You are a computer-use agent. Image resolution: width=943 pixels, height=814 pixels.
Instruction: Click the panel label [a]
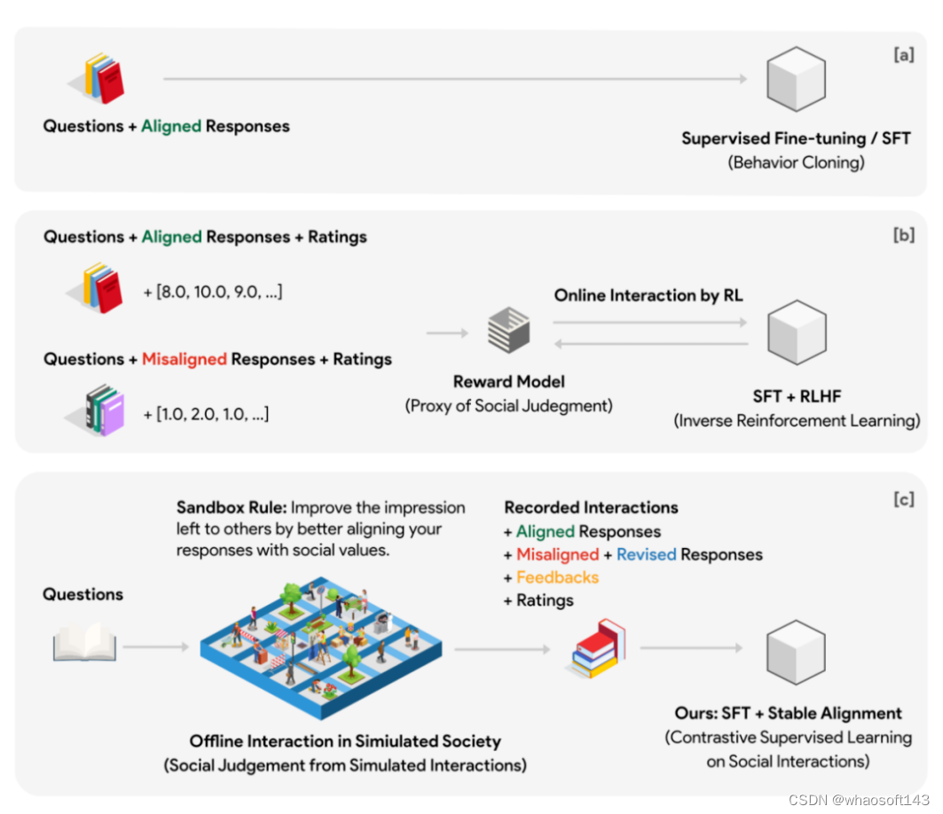[903, 56]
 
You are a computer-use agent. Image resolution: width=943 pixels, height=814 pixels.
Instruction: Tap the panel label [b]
[903, 238]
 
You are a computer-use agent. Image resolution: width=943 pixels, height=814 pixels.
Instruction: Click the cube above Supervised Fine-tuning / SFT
[796, 79]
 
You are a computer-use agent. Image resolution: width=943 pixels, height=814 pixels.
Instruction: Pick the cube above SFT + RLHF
[796, 333]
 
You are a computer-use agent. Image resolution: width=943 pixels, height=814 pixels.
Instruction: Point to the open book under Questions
[84, 643]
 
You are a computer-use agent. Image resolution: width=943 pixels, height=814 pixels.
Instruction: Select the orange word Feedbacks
[557, 577]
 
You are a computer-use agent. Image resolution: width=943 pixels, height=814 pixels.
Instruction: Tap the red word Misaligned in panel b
[184, 359]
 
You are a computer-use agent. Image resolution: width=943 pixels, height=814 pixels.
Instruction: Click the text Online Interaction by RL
[648, 295]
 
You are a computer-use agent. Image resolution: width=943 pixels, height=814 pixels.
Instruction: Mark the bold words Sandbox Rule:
[231, 508]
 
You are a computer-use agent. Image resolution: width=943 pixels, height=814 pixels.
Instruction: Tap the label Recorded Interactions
[591, 508]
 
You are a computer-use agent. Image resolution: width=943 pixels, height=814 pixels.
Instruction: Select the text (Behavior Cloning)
[795, 162]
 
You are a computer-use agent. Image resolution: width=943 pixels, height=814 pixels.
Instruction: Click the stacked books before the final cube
[595, 649]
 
